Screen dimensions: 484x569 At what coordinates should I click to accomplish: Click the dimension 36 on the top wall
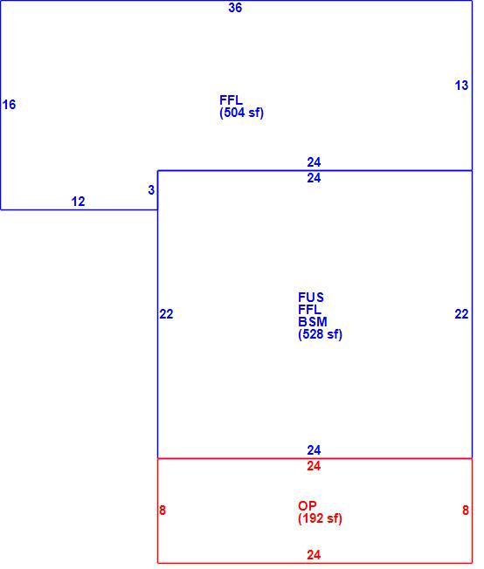[x=235, y=8]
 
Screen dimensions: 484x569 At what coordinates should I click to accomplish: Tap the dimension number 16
[x=9, y=105]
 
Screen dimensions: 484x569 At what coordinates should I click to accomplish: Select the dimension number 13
[x=461, y=86]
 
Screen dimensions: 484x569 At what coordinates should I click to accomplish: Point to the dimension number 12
[x=78, y=202]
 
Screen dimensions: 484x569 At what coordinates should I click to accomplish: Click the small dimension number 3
[x=151, y=189]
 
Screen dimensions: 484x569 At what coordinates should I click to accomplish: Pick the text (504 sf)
[x=241, y=113]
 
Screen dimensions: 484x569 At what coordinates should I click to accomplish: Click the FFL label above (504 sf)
[x=231, y=99]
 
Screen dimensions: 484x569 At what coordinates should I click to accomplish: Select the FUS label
[x=311, y=298]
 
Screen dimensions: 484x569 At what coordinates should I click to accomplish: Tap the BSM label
[x=313, y=321]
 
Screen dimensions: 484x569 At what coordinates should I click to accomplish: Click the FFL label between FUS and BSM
[x=309, y=310]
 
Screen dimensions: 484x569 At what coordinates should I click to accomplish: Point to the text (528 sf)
[x=320, y=334]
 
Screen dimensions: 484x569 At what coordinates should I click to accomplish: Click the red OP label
[x=307, y=505]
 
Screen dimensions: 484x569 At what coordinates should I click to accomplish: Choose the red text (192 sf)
[x=320, y=518]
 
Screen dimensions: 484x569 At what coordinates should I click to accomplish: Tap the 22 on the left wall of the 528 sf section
[x=166, y=314]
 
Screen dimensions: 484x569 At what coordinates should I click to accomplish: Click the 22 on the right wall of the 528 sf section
[x=461, y=314]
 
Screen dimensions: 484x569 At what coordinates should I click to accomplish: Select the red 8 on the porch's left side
[x=162, y=511]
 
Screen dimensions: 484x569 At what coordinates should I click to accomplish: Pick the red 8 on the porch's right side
[x=466, y=511]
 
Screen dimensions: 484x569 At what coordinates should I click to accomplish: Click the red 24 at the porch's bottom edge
[x=314, y=555]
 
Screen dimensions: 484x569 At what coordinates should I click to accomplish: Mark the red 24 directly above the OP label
[x=314, y=466]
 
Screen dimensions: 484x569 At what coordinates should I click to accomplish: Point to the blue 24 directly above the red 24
[x=314, y=450]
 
